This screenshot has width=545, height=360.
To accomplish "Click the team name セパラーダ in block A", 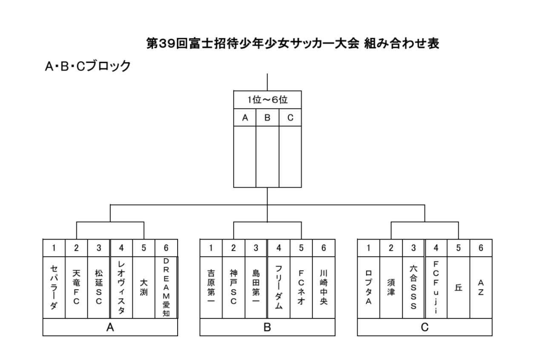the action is (x=54, y=288).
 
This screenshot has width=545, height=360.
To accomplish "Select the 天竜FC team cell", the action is (x=76, y=288).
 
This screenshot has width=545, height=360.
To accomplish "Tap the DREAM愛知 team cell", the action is (x=166, y=288).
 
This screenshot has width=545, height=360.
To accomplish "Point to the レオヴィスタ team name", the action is (x=121, y=288).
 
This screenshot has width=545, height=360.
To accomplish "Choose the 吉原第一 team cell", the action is (x=211, y=288).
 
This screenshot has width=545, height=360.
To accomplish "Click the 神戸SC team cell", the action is (x=234, y=288).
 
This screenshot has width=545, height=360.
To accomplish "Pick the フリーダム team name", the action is (x=278, y=288).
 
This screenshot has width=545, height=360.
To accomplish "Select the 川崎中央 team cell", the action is (x=324, y=288).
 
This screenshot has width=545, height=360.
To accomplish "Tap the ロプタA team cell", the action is (x=368, y=288).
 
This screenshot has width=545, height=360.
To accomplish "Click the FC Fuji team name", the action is (x=436, y=288).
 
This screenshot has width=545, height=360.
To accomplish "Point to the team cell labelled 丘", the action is (x=459, y=288).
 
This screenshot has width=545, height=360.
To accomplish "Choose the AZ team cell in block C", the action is (x=481, y=288).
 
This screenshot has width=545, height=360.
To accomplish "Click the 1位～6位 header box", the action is (x=267, y=100).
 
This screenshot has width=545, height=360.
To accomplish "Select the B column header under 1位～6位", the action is (x=267, y=117).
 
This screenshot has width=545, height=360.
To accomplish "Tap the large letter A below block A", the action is (x=110, y=327).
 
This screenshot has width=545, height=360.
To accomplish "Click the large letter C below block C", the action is (x=425, y=327).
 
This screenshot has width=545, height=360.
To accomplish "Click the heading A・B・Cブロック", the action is (x=88, y=66).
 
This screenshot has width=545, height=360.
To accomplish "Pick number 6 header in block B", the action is (x=324, y=248).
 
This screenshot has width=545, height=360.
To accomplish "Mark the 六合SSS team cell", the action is (x=413, y=288).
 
